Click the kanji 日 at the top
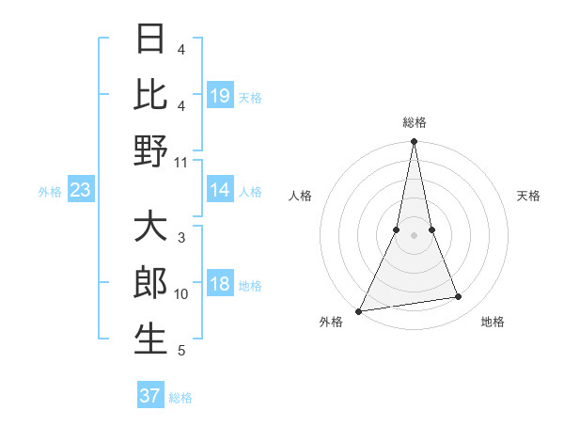point(150,40)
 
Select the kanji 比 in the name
point(150,95)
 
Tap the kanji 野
point(150,150)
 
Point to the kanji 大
point(150,228)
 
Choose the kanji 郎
point(150,283)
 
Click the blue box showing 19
point(220,96)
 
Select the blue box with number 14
point(220,190)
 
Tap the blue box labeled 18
point(220,285)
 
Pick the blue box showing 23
point(80,191)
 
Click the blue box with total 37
point(149,396)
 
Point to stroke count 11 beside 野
point(180,162)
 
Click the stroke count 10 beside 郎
point(181,294)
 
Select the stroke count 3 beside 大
point(181,238)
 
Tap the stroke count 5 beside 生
point(181,351)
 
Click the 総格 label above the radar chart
point(415,122)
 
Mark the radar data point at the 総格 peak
point(414,143)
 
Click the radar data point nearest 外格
point(359,310)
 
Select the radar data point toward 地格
point(458,297)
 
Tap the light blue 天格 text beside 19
point(250,97)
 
